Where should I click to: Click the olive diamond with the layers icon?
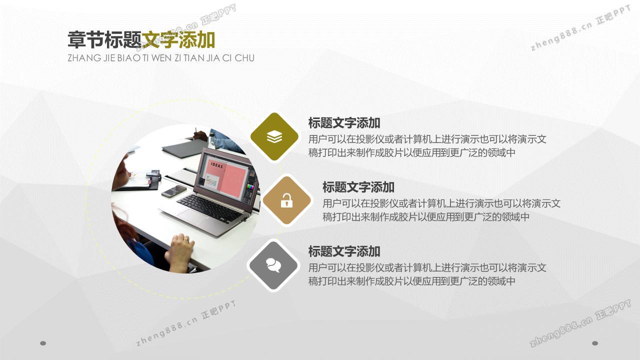[x=274, y=136]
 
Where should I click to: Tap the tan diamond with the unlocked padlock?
[x=287, y=200]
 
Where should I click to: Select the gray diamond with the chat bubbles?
[x=273, y=265]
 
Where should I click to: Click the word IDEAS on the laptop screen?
[x=217, y=165]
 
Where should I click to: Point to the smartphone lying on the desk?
[x=173, y=191]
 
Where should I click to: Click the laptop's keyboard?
[x=210, y=207]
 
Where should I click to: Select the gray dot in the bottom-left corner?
[x=43, y=343]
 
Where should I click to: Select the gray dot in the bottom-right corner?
[x=595, y=343]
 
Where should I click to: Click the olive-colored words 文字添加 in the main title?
[x=178, y=40]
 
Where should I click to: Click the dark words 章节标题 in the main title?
[x=104, y=40]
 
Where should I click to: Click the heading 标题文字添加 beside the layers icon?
[x=344, y=123]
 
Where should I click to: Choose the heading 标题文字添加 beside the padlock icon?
[x=358, y=187]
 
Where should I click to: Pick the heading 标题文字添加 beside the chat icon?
[x=344, y=251]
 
